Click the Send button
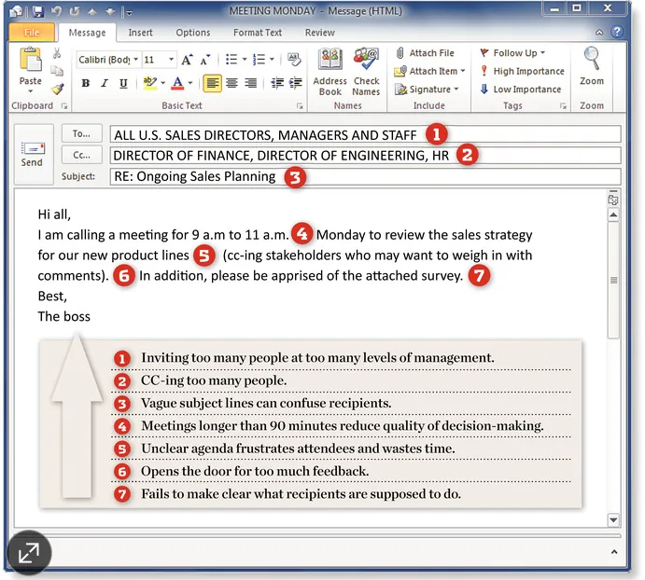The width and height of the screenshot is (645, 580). [33, 154]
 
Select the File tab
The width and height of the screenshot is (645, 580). [32, 33]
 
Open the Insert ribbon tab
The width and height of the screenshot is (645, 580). [140, 33]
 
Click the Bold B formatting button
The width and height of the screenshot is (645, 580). [86, 83]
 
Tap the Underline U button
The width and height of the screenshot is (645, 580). [123, 83]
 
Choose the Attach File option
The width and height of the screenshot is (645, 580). [426, 53]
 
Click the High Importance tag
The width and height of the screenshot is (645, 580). [523, 71]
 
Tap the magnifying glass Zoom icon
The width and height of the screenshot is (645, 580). [592, 59]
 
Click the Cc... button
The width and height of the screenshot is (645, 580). [81, 155]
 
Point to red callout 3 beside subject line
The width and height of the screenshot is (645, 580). [295, 177]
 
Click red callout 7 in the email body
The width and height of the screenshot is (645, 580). [479, 275]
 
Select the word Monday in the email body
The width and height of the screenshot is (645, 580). [341, 235]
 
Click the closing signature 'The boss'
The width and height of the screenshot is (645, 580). [64, 316]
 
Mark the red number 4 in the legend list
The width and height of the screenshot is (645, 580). [122, 426]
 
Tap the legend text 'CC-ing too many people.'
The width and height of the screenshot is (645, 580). [214, 380]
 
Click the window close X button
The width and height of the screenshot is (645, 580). [607, 7]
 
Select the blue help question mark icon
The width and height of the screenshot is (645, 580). [616, 32]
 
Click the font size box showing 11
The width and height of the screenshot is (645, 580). [160, 60]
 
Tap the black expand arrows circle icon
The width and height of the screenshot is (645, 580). [29, 553]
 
